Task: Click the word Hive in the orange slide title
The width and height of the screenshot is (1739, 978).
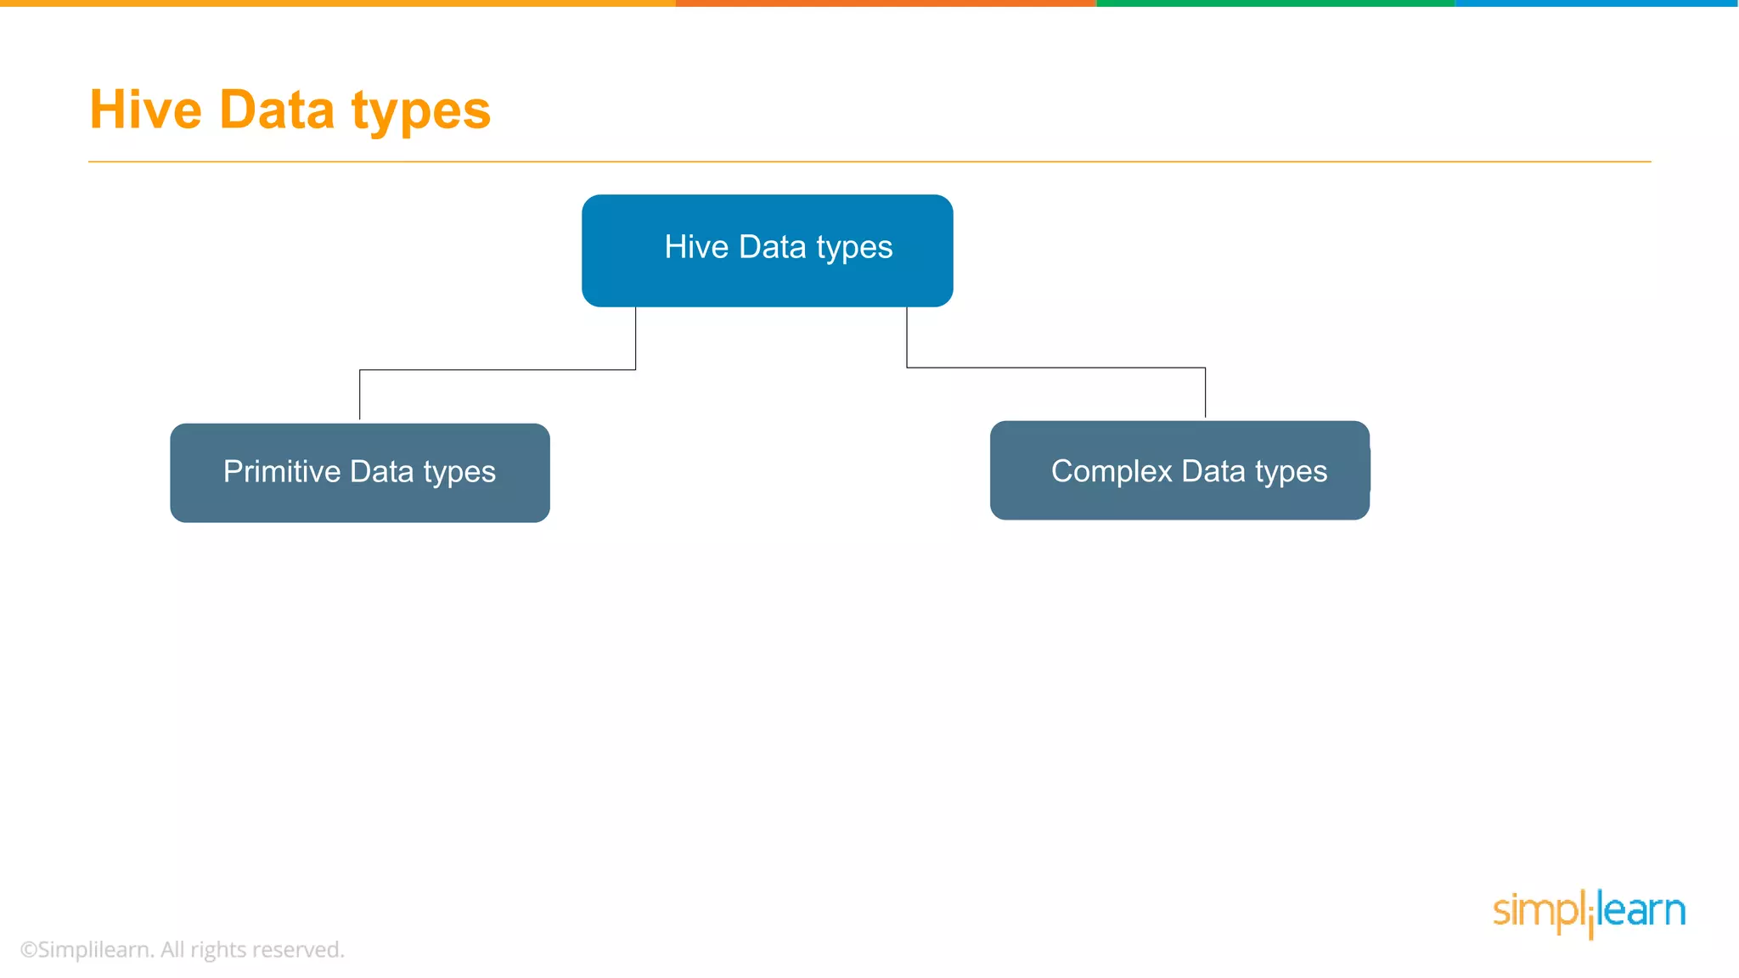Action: (x=145, y=110)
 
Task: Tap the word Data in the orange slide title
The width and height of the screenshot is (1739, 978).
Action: (x=277, y=110)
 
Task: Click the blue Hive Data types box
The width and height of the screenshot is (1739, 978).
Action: (x=767, y=250)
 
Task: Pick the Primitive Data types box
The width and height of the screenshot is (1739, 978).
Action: (x=359, y=473)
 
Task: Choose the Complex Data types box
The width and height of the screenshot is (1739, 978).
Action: (x=1179, y=470)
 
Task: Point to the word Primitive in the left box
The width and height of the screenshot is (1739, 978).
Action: (x=281, y=471)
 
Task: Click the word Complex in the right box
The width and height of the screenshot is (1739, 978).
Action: (x=1111, y=471)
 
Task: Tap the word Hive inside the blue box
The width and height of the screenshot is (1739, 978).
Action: (x=696, y=247)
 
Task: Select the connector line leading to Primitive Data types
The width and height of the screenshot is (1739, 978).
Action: (x=497, y=370)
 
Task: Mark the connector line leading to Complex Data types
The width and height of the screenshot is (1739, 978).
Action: (x=1055, y=368)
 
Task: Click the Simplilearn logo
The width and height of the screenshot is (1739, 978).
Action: (x=1589, y=913)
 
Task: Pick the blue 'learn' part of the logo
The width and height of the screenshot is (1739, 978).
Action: (x=1642, y=910)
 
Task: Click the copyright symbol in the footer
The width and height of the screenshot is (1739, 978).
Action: (x=29, y=950)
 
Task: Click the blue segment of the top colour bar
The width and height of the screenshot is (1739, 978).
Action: (x=1596, y=3)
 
